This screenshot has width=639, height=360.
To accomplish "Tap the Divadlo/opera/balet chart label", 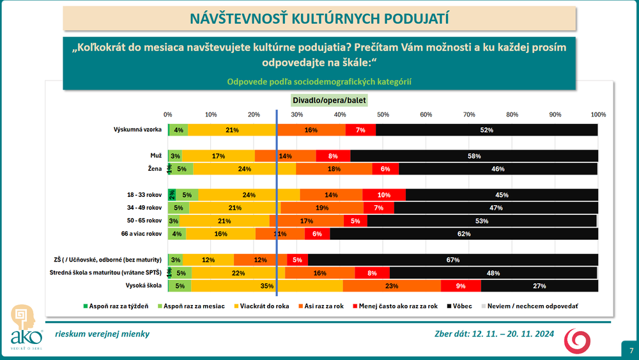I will tap(327, 100).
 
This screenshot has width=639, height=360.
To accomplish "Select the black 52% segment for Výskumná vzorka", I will tap(487, 130).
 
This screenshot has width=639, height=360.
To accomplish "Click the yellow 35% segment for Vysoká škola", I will tap(267, 286).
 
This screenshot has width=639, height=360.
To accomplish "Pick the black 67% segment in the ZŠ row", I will tap(453, 260).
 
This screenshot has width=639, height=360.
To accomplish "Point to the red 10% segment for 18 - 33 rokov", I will tap(384, 195).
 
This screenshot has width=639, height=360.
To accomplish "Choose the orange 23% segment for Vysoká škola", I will tap(392, 286).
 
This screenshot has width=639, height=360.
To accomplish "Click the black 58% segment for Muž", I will tap(474, 155).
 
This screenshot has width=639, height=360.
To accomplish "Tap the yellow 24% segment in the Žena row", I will tap(244, 169).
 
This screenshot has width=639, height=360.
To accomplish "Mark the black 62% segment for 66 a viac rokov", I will tap(464, 234).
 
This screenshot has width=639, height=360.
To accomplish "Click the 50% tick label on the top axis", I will tap(383, 114).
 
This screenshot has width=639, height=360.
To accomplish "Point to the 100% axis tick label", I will tap(597, 114).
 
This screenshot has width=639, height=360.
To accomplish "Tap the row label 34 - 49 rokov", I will tap(145, 208).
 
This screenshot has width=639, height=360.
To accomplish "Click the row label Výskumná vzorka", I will tap(137, 130).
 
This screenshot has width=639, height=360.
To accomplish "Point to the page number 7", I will tap(631, 350).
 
